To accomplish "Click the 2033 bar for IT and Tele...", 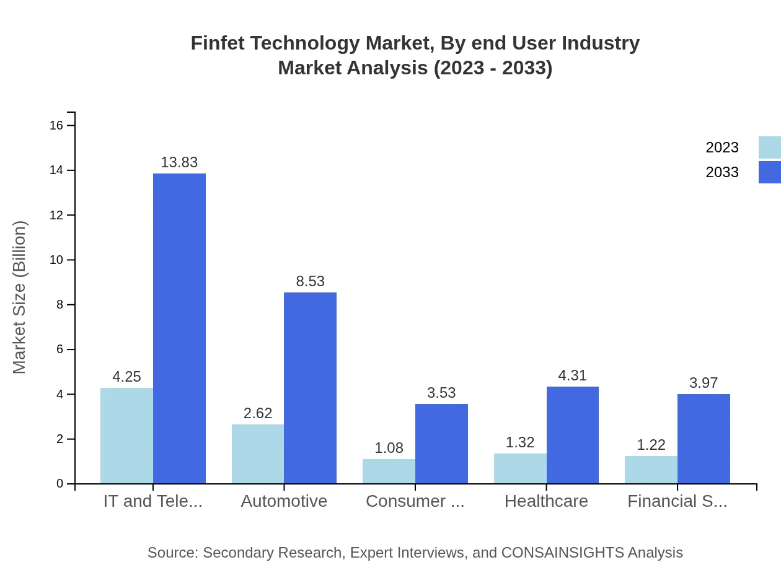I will coord(179,328).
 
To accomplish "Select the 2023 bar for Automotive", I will coord(258,454).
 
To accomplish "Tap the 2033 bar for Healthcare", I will coord(573,435).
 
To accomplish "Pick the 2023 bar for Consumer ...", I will coord(389,471).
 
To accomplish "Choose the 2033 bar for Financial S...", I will coord(704,439).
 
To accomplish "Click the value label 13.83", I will coord(179,162).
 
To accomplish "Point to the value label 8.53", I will coord(310,281).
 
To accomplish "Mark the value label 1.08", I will coord(389,448).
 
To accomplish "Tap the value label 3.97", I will coord(704,383).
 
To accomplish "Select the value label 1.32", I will coord(520,442).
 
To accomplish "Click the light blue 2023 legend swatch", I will coord(769,147).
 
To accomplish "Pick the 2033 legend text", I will coord(722,172).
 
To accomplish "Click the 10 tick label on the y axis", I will coord(56,260).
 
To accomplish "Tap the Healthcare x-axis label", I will coord(546,501).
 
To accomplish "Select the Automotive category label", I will coord(284,501).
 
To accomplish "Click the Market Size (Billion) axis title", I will coord(20,297).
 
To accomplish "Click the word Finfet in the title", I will coord(213,43).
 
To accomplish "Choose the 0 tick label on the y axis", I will coord(60,484).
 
